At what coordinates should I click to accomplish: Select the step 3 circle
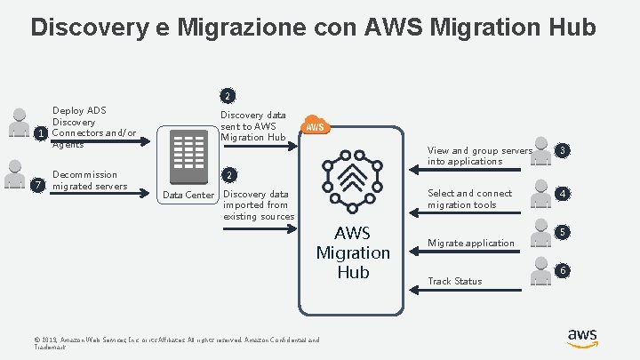click(x=562, y=150)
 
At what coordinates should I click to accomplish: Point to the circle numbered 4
click(x=562, y=193)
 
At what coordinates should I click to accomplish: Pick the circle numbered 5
click(x=562, y=232)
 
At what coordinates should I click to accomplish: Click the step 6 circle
click(x=562, y=270)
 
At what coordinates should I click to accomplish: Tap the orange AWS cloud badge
click(x=316, y=126)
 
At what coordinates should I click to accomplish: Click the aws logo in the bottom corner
click(x=582, y=338)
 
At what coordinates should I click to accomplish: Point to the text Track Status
click(x=455, y=282)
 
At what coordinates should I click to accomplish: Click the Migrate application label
click(x=471, y=243)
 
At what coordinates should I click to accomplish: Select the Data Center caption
click(x=188, y=195)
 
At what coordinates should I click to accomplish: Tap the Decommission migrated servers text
click(x=90, y=180)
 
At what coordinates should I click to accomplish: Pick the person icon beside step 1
click(x=16, y=121)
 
